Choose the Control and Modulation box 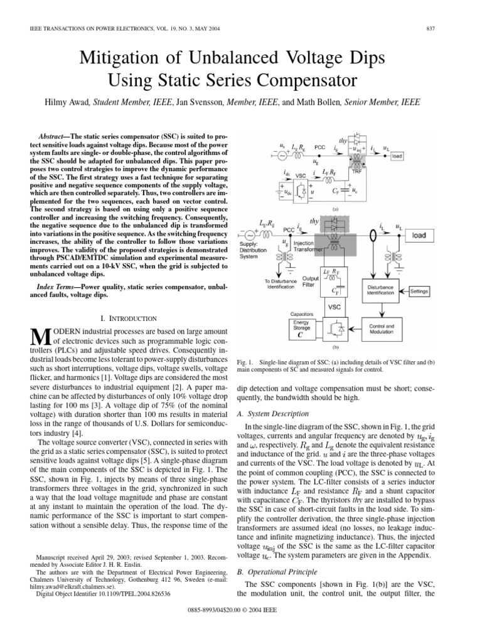(x=381, y=330)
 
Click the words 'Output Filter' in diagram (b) (x=311, y=282)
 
